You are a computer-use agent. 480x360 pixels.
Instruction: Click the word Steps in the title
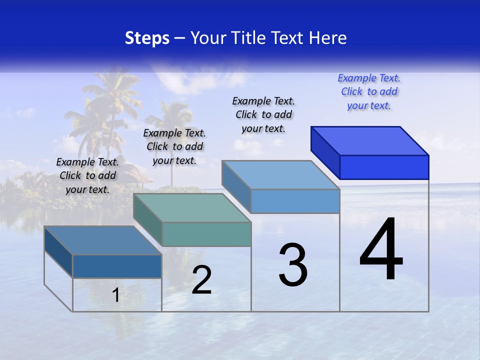(147, 38)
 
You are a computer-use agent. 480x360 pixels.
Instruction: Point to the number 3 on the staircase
(293, 265)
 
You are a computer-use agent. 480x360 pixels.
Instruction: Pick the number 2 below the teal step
(201, 280)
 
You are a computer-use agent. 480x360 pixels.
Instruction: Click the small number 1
(115, 295)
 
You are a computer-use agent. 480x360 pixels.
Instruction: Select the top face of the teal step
(192, 207)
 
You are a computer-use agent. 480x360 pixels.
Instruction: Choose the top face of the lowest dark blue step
(103, 240)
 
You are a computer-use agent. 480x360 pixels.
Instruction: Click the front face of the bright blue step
(384, 167)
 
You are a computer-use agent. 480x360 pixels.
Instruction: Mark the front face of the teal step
(206, 234)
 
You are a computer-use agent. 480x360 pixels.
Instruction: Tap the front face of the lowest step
(117, 266)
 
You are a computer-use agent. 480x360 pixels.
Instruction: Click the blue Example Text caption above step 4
(369, 91)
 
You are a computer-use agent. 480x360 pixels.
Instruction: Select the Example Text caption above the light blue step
(263, 114)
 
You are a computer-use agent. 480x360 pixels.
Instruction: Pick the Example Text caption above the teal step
(174, 146)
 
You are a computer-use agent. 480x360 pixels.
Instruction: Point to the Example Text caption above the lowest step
(87, 175)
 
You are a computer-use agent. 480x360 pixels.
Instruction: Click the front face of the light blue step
(295, 201)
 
